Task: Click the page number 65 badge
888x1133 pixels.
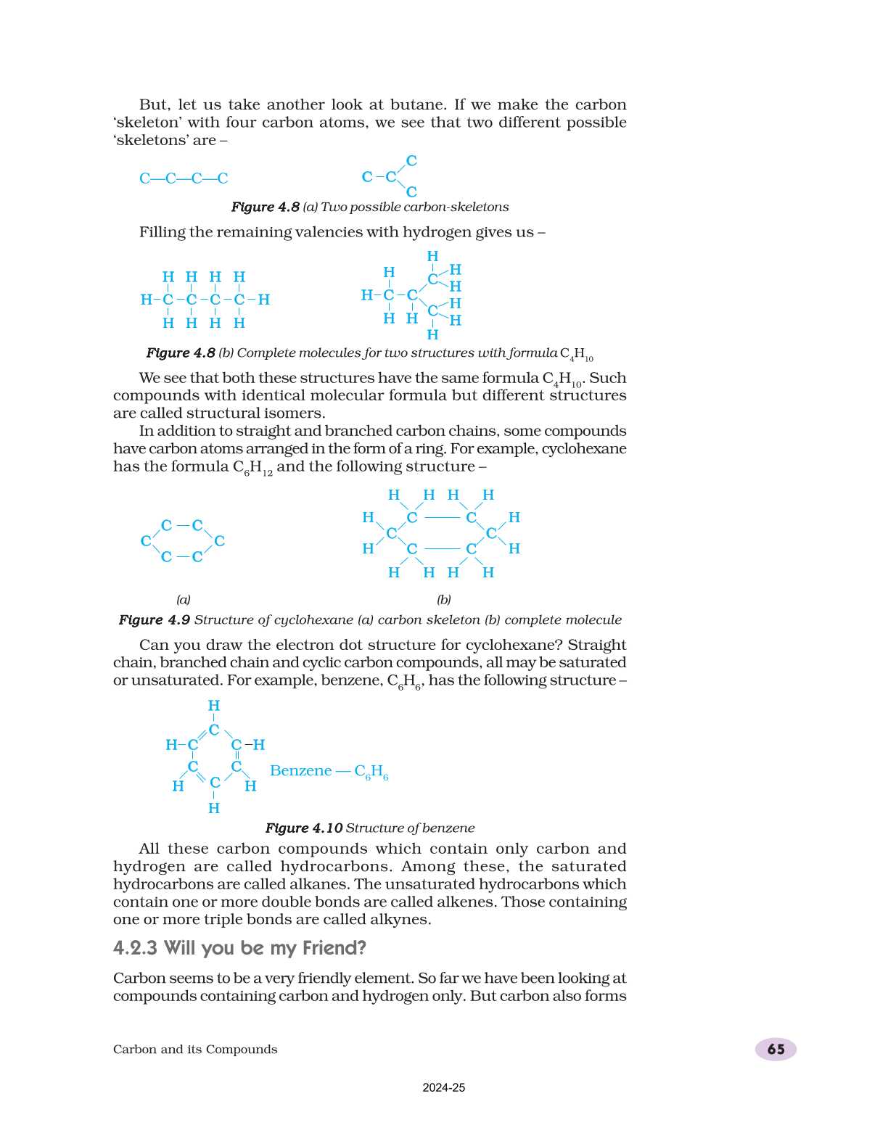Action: point(776,1049)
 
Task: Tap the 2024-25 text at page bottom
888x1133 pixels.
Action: point(443,1087)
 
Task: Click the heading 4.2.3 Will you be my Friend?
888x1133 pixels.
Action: point(239,948)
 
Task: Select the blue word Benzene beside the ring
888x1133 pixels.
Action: point(300,770)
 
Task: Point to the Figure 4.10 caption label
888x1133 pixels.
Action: point(303,828)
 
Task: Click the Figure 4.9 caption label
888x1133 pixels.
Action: point(154,619)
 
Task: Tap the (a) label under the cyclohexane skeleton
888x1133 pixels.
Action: point(184,599)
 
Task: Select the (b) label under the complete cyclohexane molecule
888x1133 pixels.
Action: point(443,599)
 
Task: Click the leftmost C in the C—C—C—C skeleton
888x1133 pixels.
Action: point(144,178)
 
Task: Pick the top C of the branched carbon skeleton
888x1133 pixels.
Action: point(411,161)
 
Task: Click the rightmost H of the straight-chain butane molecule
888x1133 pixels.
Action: point(264,300)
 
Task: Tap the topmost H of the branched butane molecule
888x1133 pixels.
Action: point(432,256)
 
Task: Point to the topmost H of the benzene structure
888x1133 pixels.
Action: point(214,706)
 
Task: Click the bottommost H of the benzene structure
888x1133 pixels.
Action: point(214,808)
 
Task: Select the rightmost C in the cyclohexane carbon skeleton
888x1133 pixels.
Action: point(219,541)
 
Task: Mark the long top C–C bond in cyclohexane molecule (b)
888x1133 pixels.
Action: point(442,518)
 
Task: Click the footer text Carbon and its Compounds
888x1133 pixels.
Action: point(195,1049)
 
